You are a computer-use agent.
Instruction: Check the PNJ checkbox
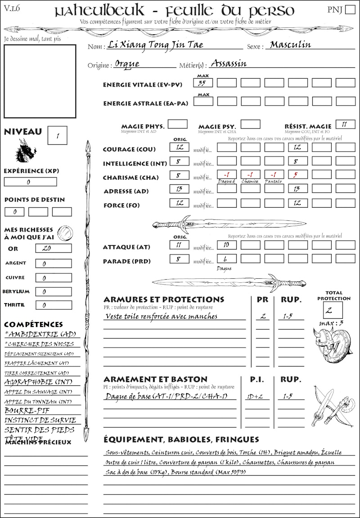pyautogui.click(x=349, y=10)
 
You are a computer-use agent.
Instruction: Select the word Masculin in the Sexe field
pyautogui.click(x=290, y=45)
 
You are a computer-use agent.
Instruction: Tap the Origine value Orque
pyautogui.click(x=127, y=64)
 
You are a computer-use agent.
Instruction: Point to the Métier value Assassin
pyautogui.click(x=229, y=63)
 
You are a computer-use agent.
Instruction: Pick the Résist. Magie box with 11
pyautogui.click(x=345, y=124)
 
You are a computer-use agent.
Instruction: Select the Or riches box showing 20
pyautogui.click(x=53, y=248)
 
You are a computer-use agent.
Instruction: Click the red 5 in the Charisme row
pyautogui.click(x=297, y=175)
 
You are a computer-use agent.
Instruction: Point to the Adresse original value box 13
pyautogui.click(x=179, y=189)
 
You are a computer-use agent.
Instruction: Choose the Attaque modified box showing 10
pyautogui.click(x=226, y=245)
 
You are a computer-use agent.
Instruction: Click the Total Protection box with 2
pyautogui.click(x=333, y=310)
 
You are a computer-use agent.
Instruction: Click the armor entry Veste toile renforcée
pyautogui.click(x=161, y=316)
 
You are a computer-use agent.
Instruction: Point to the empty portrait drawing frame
pyautogui.click(x=40, y=81)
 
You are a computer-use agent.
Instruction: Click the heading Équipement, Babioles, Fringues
pyautogui.click(x=181, y=439)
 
